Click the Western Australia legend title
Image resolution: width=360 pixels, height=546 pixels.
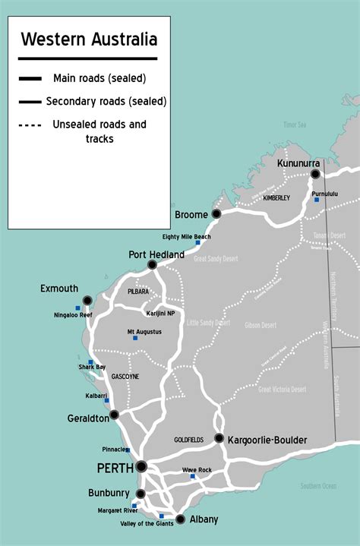[89, 39]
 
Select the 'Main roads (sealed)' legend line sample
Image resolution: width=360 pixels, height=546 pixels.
[31, 78]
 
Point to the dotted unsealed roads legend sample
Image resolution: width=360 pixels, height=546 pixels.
[31, 125]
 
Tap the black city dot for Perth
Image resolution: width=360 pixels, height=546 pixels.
[141, 466]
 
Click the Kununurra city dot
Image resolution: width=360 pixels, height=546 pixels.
[315, 174]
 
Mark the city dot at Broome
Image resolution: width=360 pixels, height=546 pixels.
[216, 214]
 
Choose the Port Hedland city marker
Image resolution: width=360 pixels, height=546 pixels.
[152, 264]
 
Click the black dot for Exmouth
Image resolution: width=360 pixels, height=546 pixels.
[87, 300]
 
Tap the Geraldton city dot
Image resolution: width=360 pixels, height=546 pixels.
[114, 415]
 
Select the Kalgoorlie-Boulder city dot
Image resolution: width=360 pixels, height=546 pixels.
[219, 438]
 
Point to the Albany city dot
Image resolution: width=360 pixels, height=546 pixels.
[180, 519]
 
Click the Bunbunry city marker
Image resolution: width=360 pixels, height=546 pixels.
[140, 494]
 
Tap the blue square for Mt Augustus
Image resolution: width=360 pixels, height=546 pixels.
[135, 338]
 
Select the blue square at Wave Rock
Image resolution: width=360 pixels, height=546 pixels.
[192, 477]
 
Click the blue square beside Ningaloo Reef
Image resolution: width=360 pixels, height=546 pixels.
[77, 308]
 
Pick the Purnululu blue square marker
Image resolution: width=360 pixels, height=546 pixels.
[317, 200]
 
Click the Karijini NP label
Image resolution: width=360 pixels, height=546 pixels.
[159, 313]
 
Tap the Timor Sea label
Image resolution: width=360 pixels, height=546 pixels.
[294, 124]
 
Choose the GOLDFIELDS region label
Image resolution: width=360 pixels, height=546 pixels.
[189, 440]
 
